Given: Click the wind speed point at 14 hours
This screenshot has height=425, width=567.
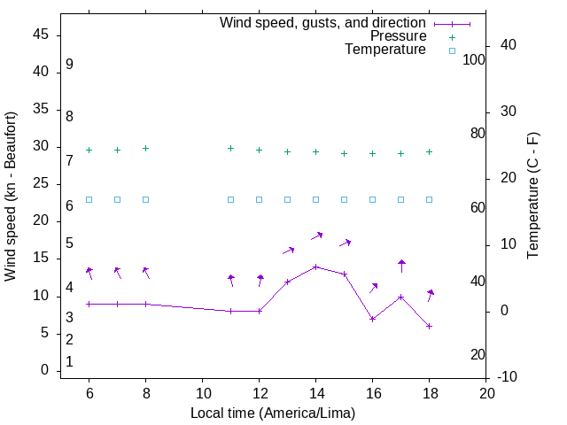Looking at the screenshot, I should tap(315, 267).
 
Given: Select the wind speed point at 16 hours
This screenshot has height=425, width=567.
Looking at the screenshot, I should tap(372, 319).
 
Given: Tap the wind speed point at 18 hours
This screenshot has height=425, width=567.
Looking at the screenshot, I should tap(429, 326).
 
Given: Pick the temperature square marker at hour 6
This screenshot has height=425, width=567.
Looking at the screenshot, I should tap(89, 199).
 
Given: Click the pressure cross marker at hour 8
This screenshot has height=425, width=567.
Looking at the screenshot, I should tap(145, 149).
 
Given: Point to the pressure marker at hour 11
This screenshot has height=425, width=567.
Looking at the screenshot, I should tap(230, 149).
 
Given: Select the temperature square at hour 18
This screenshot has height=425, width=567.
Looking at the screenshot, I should tap(429, 199).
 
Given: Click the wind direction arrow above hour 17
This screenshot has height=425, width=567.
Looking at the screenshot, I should tap(401, 266).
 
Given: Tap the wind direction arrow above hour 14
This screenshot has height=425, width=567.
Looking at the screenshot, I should tap(316, 236).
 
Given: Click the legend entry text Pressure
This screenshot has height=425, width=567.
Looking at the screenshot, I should tap(398, 36).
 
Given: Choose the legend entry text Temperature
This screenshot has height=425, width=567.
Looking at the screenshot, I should tap(385, 50).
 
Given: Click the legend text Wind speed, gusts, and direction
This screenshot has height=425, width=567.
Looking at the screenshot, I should tap(322, 22).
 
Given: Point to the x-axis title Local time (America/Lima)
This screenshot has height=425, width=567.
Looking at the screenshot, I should tap(273, 413).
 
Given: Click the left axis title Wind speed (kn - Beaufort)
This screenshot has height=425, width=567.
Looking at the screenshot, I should tap(11, 197).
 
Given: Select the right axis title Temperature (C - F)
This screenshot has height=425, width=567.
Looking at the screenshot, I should tap(532, 197).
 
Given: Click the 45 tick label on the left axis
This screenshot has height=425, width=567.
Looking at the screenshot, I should tap(40, 35).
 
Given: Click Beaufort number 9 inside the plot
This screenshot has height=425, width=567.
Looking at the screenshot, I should tap(69, 65).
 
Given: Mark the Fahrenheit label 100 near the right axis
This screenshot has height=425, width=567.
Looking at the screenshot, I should tap(474, 59).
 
